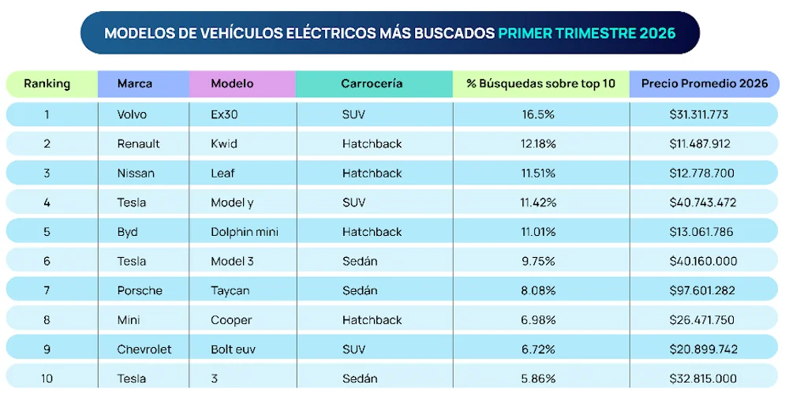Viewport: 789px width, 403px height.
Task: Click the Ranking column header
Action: tap(47, 84)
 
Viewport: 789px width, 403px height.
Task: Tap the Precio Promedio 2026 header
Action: tap(703, 84)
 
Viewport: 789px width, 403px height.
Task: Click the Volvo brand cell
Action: tap(132, 114)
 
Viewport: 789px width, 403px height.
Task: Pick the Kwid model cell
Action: tap(224, 144)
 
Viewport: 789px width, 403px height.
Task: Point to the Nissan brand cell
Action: tap(136, 173)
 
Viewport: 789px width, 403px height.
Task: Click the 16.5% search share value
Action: tap(538, 114)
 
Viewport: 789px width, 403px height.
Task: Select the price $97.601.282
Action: tap(702, 290)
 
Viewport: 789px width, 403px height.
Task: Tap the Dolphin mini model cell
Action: tap(245, 232)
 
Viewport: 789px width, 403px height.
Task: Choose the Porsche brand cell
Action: tap(140, 290)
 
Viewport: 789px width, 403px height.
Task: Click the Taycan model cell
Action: tap(230, 290)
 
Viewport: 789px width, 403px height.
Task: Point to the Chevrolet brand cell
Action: tap(144, 349)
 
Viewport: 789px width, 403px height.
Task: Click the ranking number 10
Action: tap(47, 379)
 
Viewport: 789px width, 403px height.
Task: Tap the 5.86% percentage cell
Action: tap(538, 379)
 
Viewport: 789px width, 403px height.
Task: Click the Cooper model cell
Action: tap(231, 319)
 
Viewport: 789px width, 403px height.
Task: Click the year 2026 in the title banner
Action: tap(658, 33)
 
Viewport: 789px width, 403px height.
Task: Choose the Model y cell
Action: tap(232, 203)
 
